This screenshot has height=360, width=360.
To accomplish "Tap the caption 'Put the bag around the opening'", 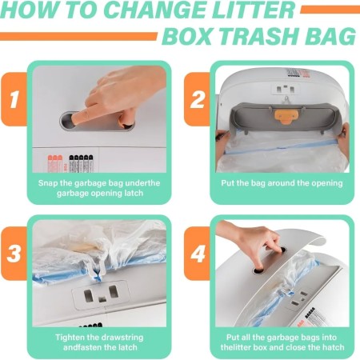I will click(x=282, y=182).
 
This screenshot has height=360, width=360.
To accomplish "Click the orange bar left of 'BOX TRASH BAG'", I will click(x=78, y=36).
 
